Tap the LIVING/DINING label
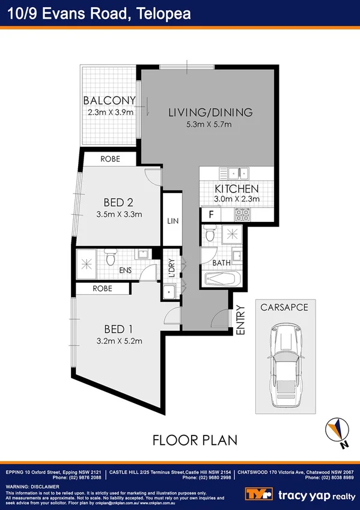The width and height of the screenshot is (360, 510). point(210,112)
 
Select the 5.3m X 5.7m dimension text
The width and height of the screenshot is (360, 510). point(209,124)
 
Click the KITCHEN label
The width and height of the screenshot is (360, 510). point(236,189)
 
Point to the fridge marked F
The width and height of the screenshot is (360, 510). point(211,214)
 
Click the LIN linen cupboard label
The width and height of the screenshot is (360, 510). point(172,221)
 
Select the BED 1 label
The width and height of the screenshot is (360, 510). point(118,329)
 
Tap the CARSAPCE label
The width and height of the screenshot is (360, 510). point(284,307)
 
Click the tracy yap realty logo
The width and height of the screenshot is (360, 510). point(300,494)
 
